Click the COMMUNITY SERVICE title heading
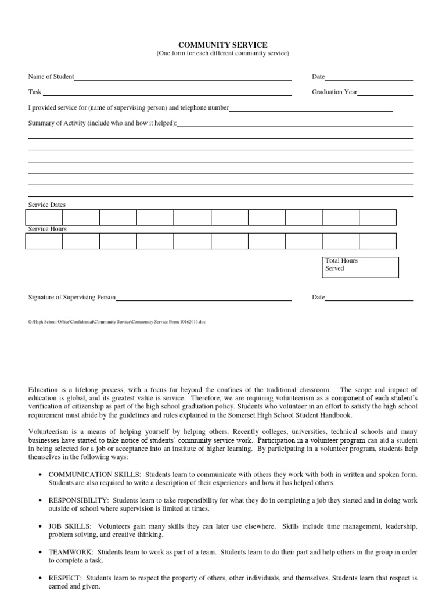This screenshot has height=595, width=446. pos(222,45)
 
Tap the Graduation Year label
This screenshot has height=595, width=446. pos(334,92)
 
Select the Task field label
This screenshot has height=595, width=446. pos(35,92)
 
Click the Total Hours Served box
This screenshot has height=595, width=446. pos(360,267)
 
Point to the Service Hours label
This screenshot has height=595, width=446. pos(48,229)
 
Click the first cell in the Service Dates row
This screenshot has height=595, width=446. pos(44,217)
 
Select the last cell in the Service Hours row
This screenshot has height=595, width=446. pos(377,241)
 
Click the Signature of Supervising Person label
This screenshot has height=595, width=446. pos(72,297)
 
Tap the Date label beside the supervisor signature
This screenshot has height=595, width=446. pos(318,297)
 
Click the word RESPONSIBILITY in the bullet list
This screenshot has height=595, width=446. pos(78,500)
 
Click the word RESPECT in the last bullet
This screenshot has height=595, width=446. pos(65,579)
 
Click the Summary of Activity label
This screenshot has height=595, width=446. pos(102,123)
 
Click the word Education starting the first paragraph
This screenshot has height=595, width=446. pos(44,389)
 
